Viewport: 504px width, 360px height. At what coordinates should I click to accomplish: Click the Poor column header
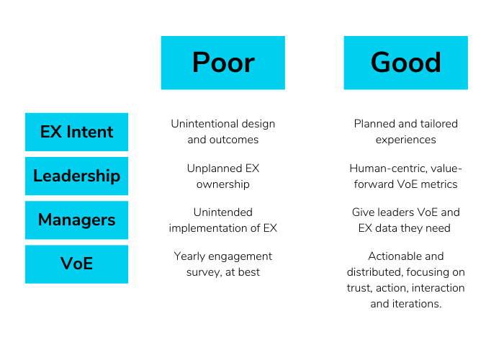point(222,63)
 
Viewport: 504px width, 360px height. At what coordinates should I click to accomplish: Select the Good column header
point(405,63)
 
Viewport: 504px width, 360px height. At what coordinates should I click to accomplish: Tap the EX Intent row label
point(76,132)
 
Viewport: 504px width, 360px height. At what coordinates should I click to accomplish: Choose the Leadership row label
point(76,176)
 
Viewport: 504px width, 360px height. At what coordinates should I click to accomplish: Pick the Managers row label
point(76,220)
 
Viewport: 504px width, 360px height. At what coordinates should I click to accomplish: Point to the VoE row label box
point(76,264)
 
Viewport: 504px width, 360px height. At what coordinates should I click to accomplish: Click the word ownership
point(222,184)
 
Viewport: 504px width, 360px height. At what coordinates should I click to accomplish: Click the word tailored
point(440,124)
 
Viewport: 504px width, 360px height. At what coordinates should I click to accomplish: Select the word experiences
point(405,140)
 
